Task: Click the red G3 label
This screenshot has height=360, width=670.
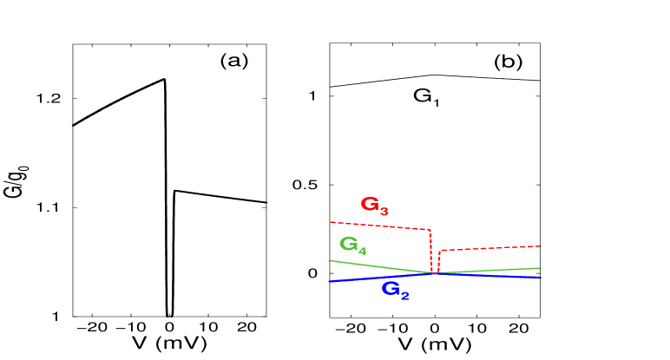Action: point(374,206)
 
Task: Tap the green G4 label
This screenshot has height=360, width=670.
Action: point(352,245)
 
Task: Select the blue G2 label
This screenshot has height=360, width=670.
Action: point(395,290)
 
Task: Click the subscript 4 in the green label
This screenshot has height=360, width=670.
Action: point(362,251)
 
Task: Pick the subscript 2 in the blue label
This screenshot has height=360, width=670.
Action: point(404,295)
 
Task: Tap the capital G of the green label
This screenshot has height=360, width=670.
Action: point(348,244)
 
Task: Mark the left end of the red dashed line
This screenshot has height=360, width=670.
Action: point(330,222)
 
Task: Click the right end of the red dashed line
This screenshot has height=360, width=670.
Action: point(541,246)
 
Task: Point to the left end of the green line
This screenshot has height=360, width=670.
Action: point(330,260)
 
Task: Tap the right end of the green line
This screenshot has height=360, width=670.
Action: point(541,268)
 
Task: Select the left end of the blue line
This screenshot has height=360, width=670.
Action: point(328,281)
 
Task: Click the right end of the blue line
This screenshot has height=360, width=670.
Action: point(541,277)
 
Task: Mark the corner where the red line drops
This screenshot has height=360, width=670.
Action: point(430,231)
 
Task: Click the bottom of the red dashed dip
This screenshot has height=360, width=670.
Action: point(435,272)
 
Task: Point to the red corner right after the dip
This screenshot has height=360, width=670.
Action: point(440,251)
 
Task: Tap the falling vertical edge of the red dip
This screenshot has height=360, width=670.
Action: point(431,252)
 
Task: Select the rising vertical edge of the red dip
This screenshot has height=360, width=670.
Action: point(439,261)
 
